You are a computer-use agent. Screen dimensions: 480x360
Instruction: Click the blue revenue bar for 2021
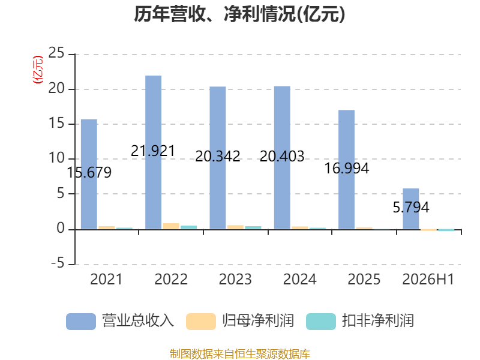point(89,174)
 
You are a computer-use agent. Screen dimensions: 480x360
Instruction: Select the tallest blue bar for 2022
point(154,152)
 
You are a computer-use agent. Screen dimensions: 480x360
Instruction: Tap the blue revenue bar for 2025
point(347,170)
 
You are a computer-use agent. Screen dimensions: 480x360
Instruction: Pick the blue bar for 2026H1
point(411,209)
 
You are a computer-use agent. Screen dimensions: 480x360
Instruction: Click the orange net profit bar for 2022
point(171,226)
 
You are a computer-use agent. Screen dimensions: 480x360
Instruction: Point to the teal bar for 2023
point(253,227)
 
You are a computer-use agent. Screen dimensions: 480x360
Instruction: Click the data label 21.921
point(153,151)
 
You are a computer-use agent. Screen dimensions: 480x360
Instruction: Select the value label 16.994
point(347,169)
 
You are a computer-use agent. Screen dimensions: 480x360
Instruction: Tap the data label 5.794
point(411,208)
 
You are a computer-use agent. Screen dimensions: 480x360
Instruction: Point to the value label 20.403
point(282,157)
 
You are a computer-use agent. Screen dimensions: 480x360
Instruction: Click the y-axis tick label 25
point(56,53)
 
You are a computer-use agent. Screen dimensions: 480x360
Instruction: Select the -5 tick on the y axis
point(58,263)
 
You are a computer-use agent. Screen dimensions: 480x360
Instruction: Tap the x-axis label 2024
point(299,279)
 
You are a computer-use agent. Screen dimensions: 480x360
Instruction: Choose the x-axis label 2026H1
point(428,279)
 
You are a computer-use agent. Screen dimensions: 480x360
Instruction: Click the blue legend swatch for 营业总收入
point(81,322)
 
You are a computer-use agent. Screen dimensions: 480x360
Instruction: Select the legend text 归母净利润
point(258,321)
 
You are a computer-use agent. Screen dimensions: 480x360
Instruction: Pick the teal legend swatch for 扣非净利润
point(321,322)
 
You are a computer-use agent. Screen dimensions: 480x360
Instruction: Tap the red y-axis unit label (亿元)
point(38,70)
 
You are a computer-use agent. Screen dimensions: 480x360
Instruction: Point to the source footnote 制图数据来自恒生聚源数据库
point(240,354)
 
